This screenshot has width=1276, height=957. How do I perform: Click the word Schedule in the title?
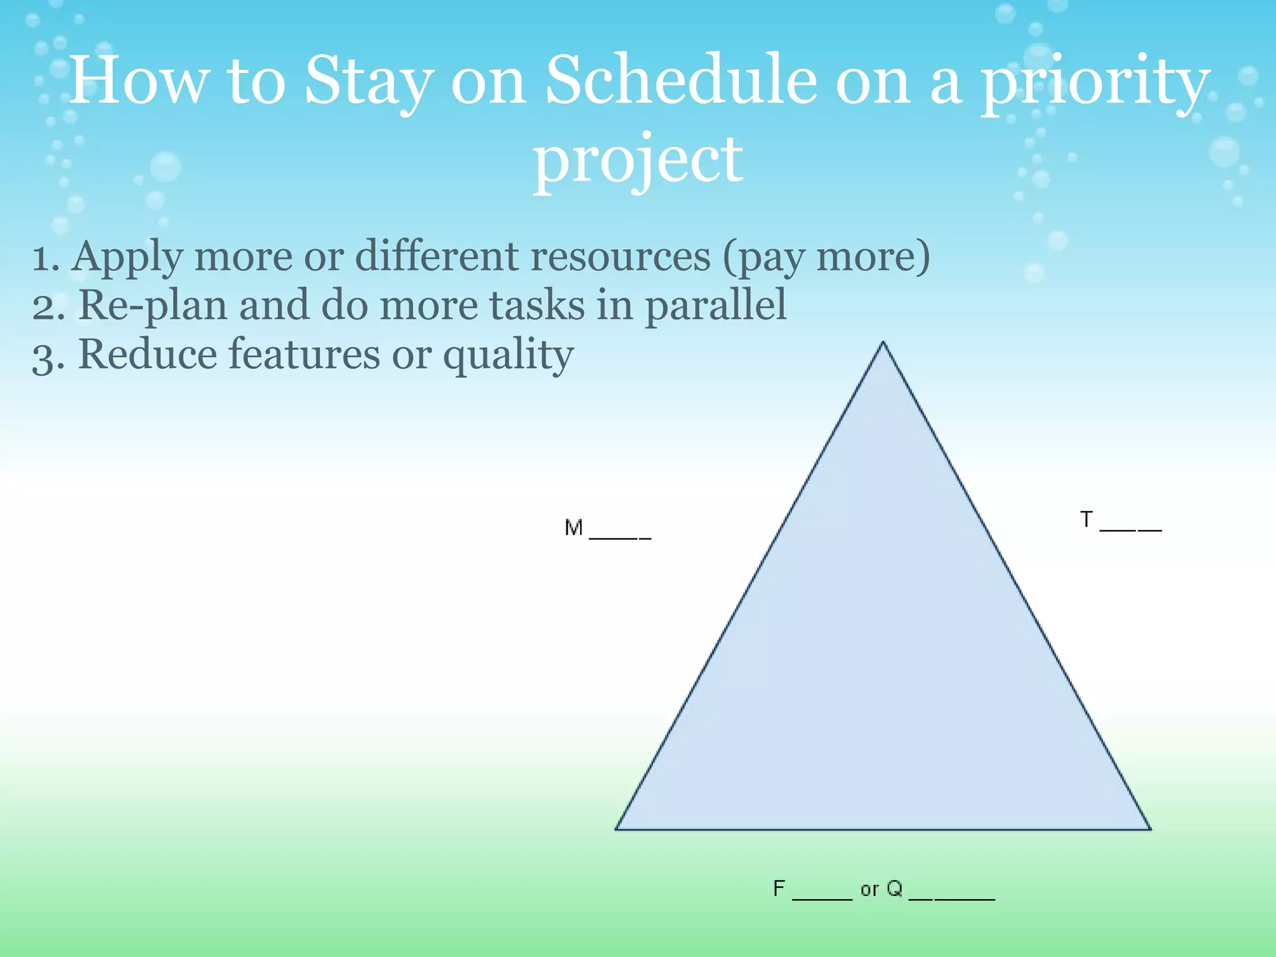[680, 81]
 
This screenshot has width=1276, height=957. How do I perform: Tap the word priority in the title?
[1095, 84]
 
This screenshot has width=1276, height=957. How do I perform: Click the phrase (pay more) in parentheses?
[826, 257]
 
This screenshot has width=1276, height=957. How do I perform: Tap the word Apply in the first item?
[127, 257]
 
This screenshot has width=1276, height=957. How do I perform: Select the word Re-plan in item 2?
[153, 306]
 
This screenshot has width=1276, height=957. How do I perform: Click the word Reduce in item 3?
[147, 355]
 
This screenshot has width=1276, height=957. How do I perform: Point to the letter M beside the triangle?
[573, 528]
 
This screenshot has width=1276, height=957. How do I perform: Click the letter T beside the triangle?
[1086, 520]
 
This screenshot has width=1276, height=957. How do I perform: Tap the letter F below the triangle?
[779, 888]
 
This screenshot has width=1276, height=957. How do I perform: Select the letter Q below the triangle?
[894, 888]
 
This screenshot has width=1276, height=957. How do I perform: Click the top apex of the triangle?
[883, 343]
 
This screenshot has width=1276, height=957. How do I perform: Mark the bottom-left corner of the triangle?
[617, 829]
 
